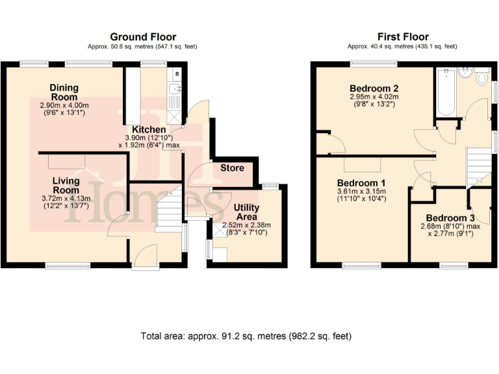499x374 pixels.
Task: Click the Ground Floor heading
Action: tap(143, 37)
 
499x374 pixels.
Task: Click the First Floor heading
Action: tap(402, 37)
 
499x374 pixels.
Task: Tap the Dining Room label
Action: tap(64, 92)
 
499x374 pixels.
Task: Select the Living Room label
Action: tap(66, 185)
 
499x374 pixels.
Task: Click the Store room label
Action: tap(232, 168)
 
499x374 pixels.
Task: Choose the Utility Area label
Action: tap(246, 212)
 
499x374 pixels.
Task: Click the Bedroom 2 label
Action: tap(374, 88)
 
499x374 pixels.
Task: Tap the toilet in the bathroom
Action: tap(481, 78)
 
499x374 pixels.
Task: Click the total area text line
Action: tap(246, 336)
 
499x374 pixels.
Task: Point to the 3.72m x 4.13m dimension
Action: tap(66, 197)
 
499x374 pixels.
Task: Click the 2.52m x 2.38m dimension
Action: tap(246, 225)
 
